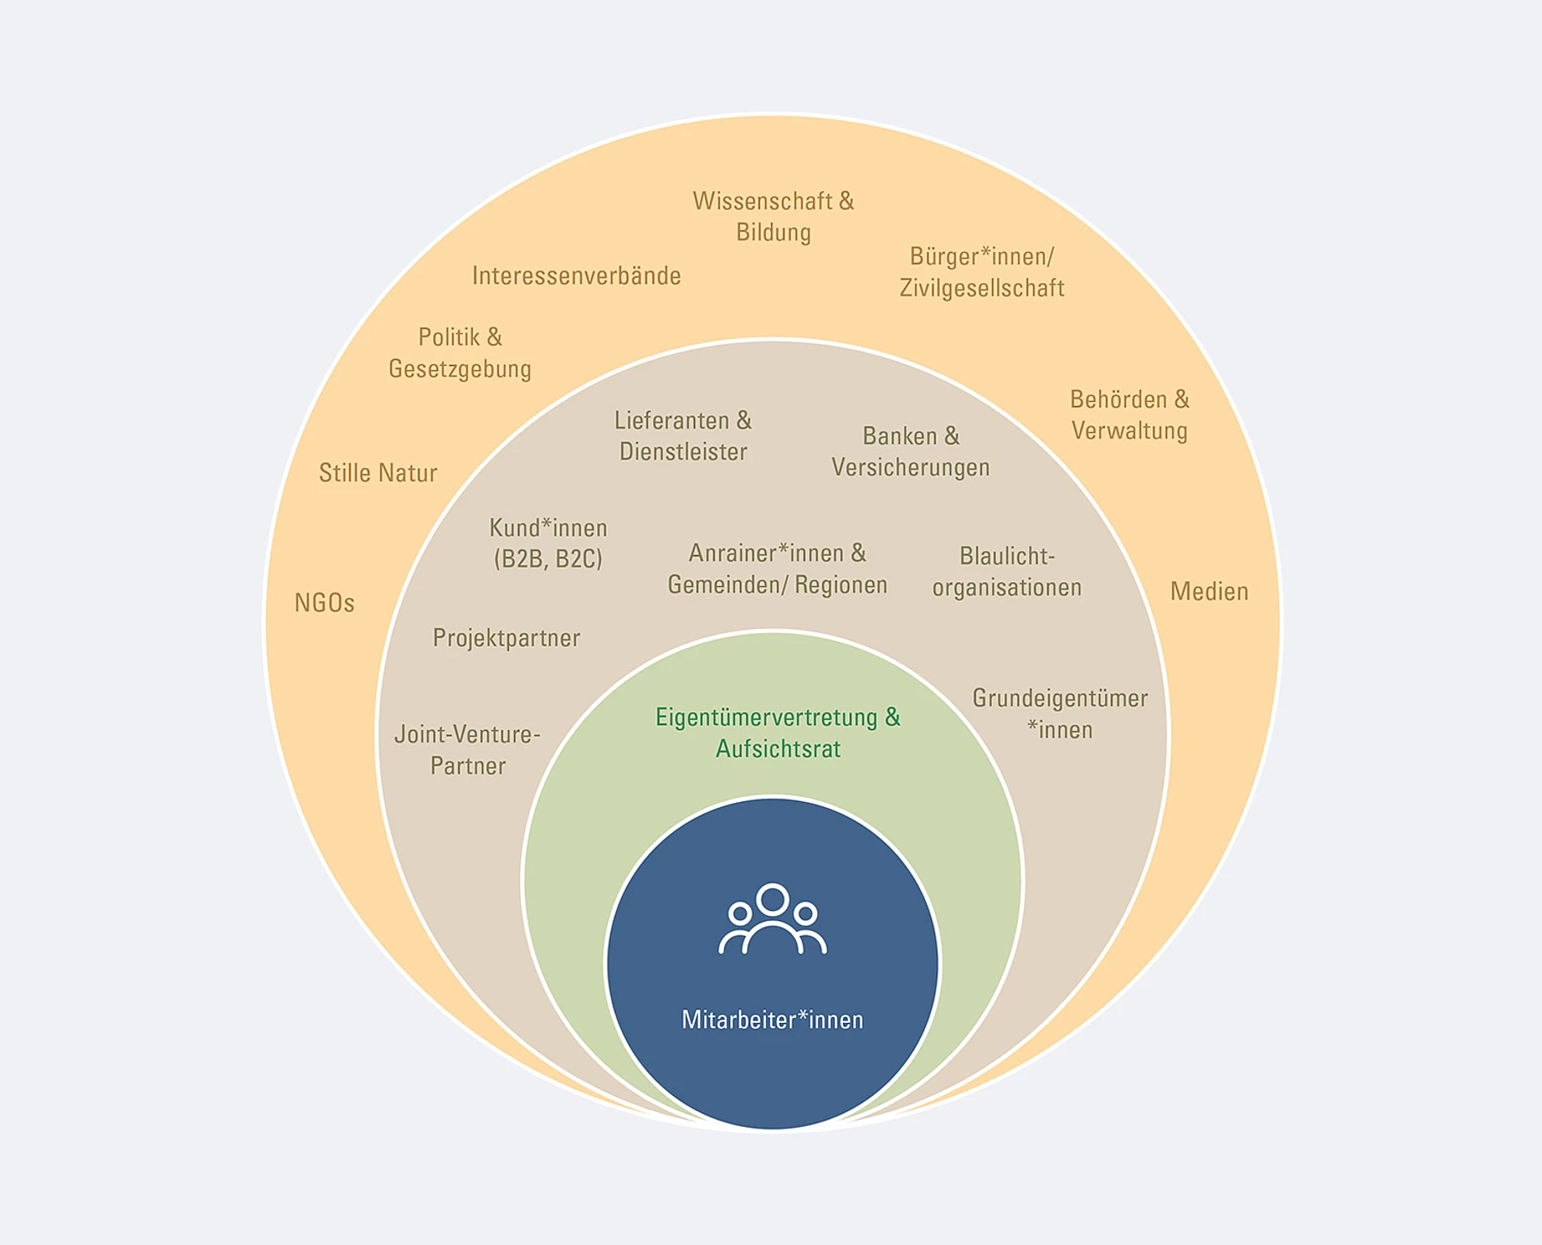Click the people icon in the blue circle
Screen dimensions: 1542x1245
(x=773, y=919)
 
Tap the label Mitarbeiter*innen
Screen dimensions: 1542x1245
(x=773, y=1020)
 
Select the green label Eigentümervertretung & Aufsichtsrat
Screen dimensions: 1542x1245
(x=778, y=733)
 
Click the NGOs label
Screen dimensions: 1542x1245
(x=325, y=603)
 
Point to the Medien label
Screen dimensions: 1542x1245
(x=1209, y=591)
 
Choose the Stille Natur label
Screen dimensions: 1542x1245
(x=378, y=473)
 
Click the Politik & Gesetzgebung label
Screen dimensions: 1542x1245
(x=460, y=352)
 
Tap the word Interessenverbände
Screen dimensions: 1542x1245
(x=577, y=275)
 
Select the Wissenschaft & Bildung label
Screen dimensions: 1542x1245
(x=774, y=216)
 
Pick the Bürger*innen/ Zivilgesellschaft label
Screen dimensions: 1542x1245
(x=982, y=272)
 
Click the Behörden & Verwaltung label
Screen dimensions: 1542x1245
(x=1130, y=415)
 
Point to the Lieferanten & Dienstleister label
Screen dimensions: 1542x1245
(x=683, y=435)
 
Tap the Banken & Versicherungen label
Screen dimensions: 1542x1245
(x=911, y=452)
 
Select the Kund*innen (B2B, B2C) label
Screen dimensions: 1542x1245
(x=548, y=543)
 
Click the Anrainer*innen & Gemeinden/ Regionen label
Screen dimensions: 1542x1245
(x=777, y=568)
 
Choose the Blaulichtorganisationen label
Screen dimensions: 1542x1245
(x=1007, y=572)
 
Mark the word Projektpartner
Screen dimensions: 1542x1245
(x=506, y=637)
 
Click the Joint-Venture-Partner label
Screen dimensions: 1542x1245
(x=468, y=750)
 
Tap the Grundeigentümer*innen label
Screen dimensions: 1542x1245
(x=1060, y=714)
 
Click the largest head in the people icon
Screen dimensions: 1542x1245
(x=773, y=900)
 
